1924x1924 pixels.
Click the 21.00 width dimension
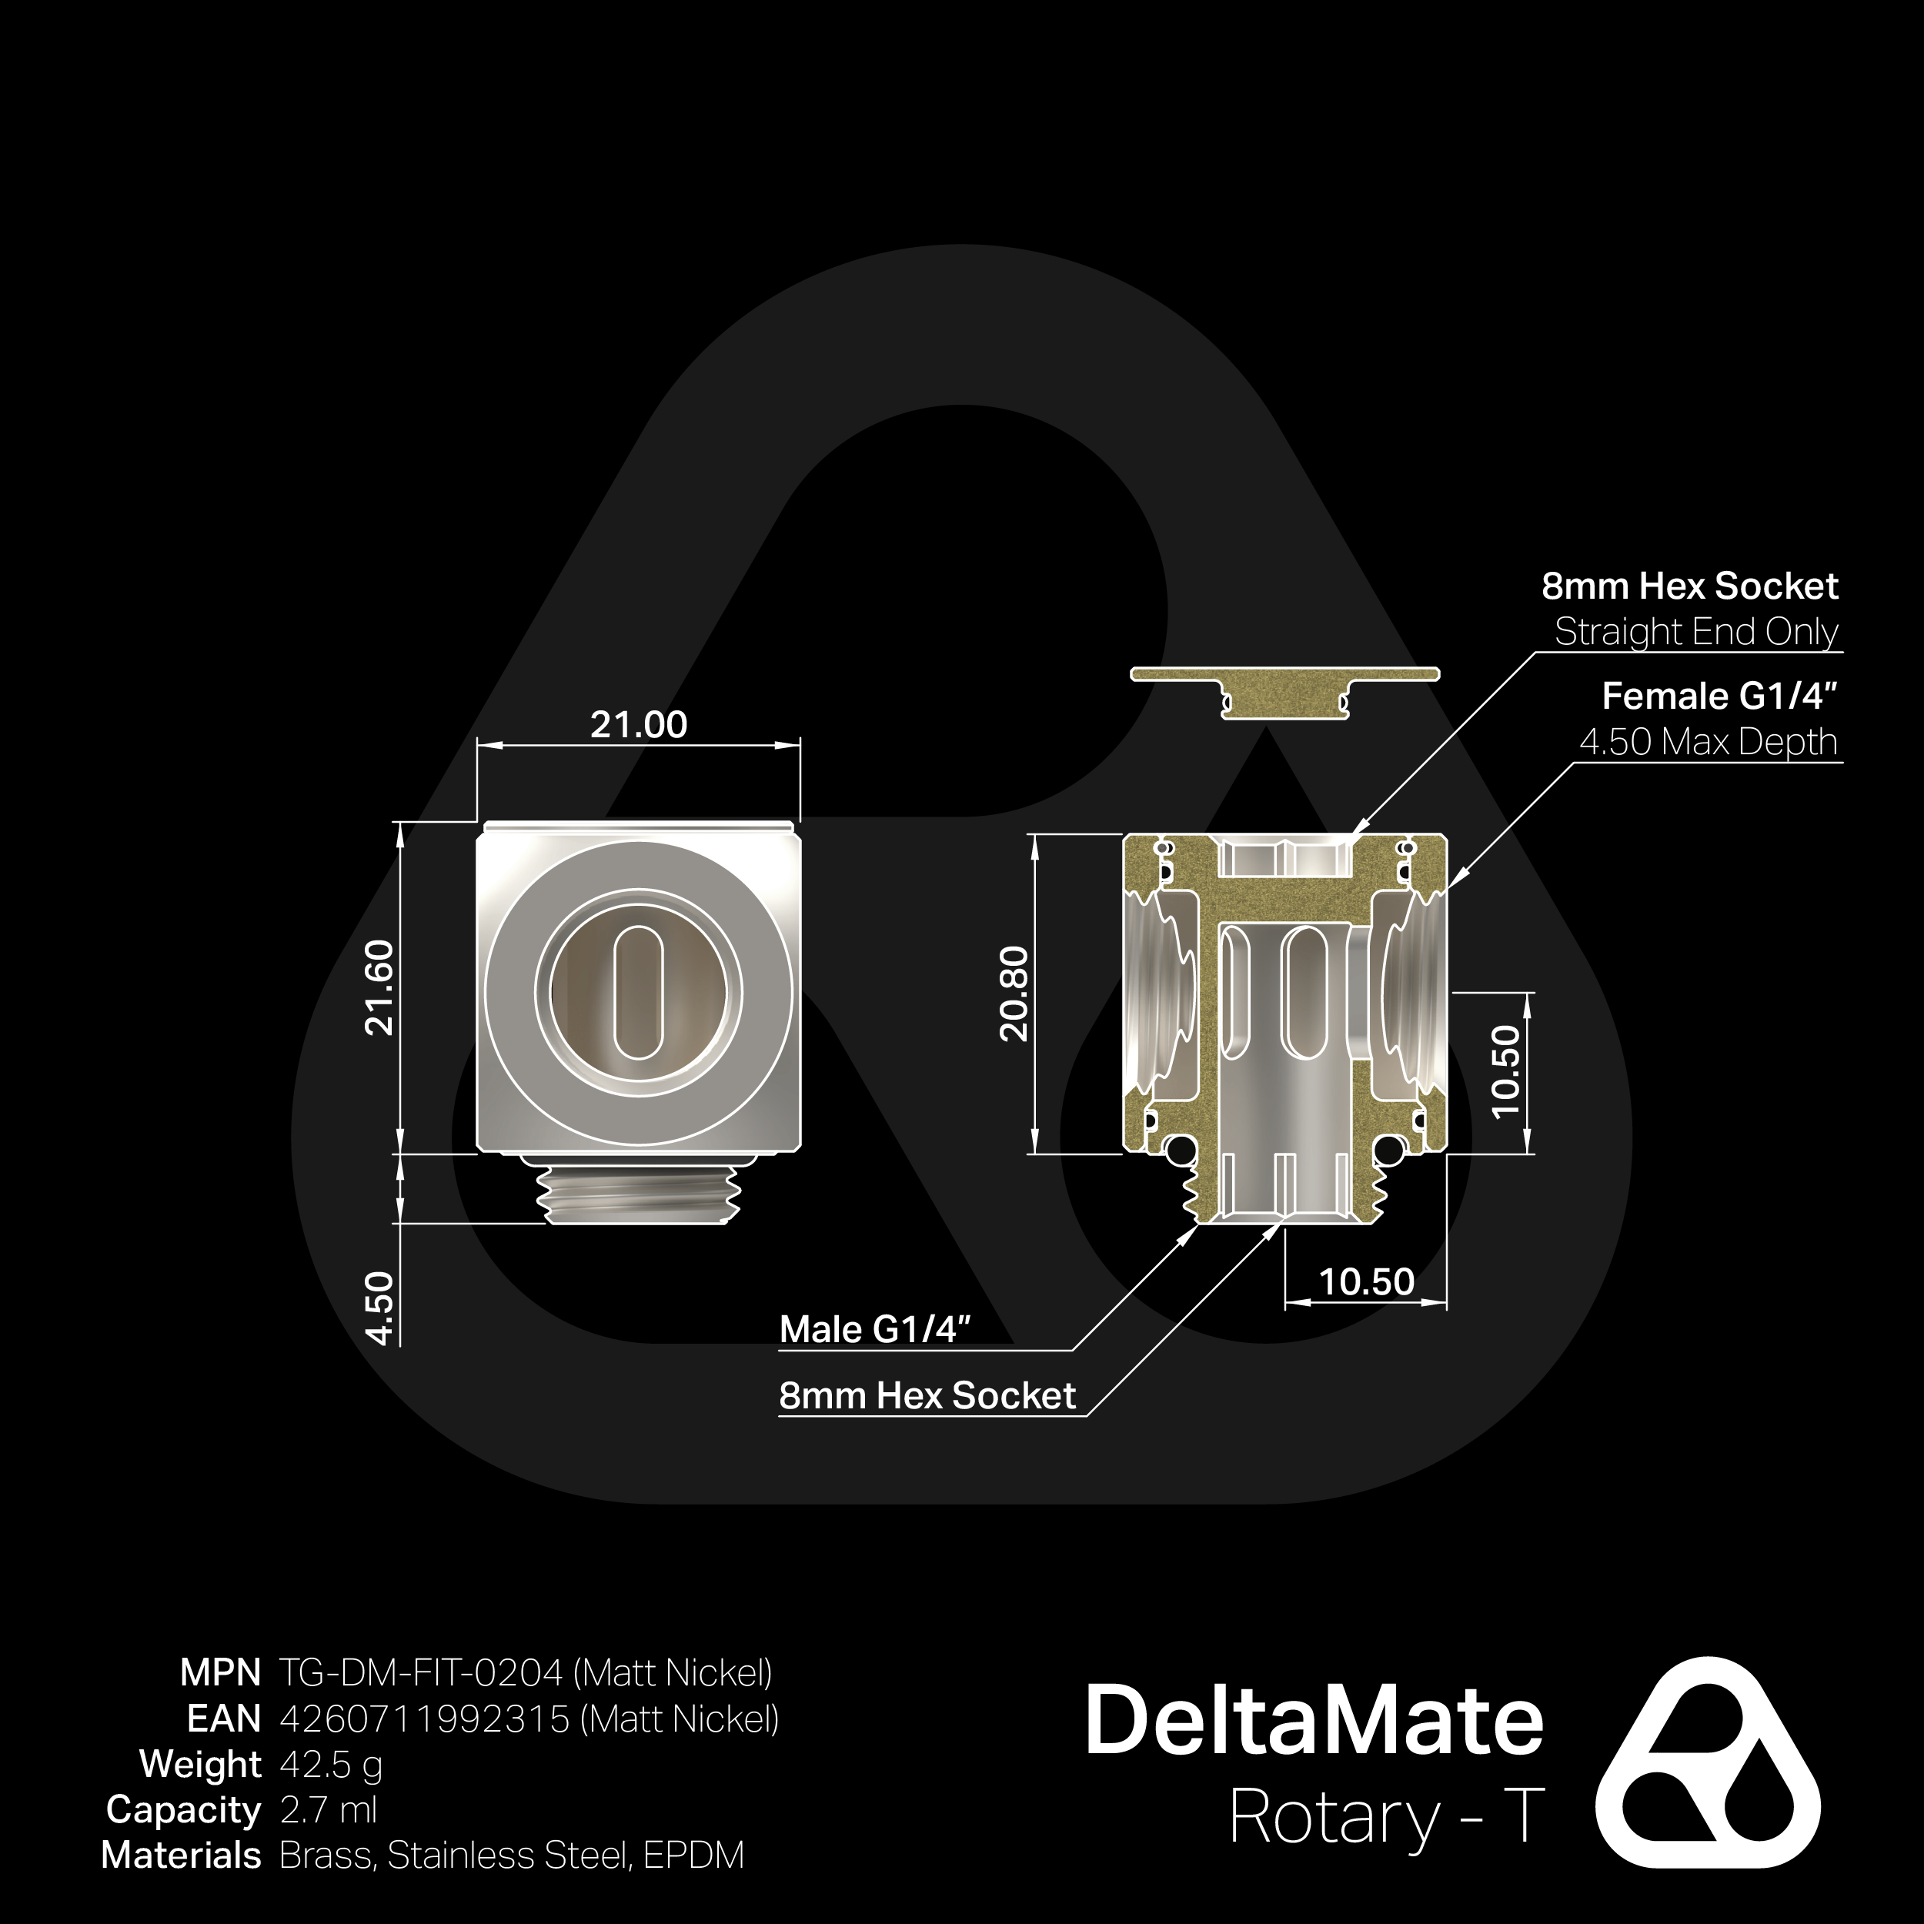tap(638, 724)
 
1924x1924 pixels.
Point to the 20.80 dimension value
tap(1014, 993)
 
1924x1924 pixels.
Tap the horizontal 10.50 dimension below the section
tap(1365, 1281)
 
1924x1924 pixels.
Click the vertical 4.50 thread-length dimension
tap(380, 1308)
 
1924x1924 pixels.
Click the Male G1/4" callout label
tap(874, 1329)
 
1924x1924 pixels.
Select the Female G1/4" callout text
tap(1719, 696)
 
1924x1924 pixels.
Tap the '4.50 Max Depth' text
tap(1708, 742)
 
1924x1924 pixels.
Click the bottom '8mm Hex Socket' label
tap(927, 1395)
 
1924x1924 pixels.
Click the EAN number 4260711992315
tap(426, 1719)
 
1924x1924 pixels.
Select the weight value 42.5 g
tap(331, 1765)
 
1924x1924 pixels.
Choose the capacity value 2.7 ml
tap(329, 1809)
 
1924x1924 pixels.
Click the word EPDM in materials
tap(693, 1856)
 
